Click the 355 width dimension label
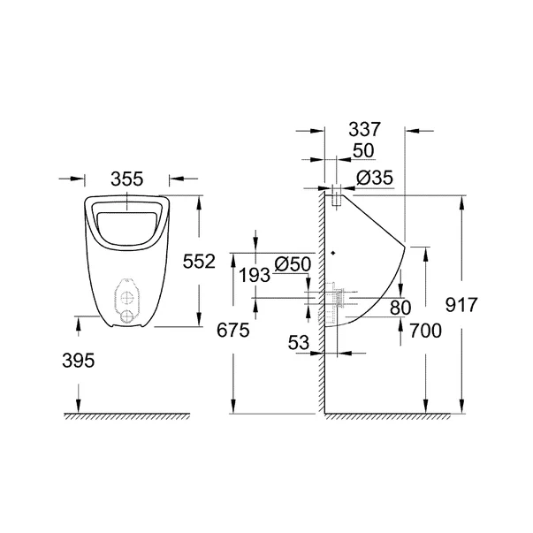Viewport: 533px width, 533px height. pyautogui.click(x=128, y=179)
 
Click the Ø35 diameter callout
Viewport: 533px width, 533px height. pyautogui.click(x=374, y=179)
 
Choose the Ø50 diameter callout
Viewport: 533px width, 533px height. pyautogui.click(x=292, y=264)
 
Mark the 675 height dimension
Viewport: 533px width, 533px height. pyautogui.click(x=232, y=330)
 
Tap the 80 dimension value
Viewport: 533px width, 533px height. pyautogui.click(x=400, y=308)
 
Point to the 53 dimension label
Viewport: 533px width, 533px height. pyautogui.click(x=301, y=341)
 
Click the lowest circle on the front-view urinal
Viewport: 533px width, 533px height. pyautogui.click(x=130, y=315)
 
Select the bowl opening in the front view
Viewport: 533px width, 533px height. pyautogui.click(x=128, y=224)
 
